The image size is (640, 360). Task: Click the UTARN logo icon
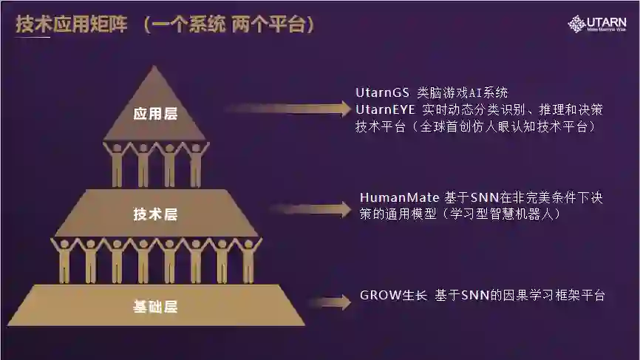(576, 23)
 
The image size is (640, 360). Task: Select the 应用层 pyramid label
(155, 115)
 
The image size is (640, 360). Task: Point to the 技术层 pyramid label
(155, 214)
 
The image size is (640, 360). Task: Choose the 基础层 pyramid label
(155, 305)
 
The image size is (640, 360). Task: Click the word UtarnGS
(382, 93)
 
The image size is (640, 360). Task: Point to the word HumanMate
(399, 198)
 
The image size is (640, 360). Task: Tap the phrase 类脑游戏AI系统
(463, 93)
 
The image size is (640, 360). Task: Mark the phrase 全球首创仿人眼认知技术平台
(511, 126)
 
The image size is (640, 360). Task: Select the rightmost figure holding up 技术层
(248, 260)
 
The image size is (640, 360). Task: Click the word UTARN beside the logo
(607, 21)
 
